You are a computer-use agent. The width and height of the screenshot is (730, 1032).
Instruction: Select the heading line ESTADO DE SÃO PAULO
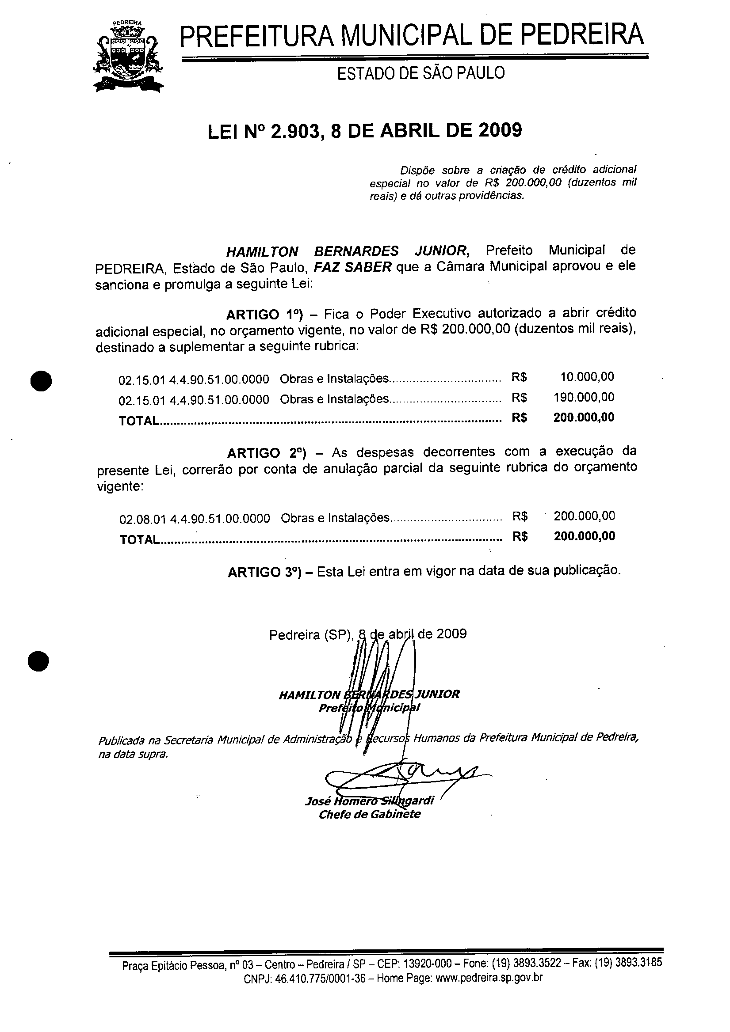coord(421,73)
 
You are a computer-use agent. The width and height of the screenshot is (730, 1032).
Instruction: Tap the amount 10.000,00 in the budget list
coord(587,377)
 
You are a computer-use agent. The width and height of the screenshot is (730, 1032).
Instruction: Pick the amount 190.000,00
coord(584,397)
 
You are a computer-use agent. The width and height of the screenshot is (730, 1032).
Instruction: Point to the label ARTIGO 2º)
coord(267,453)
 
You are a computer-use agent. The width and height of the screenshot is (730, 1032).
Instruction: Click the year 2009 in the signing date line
coord(451,634)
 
